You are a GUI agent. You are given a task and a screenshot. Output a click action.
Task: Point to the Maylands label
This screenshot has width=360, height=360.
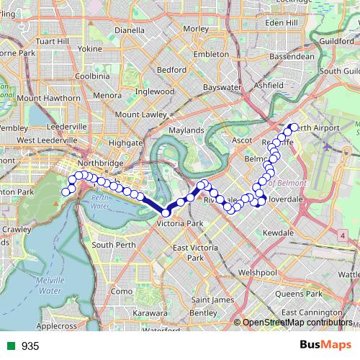(x=186, y=130)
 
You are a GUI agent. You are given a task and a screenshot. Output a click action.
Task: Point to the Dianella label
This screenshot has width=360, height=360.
(x=130, y=31)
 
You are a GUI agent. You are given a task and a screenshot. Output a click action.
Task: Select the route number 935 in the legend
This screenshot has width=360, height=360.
(x=30, y=346)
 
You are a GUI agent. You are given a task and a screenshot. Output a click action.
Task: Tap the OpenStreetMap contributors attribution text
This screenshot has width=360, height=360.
(x=298, y=323)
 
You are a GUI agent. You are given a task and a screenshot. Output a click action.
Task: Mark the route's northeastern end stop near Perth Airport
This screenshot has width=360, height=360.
(x=293, y=127)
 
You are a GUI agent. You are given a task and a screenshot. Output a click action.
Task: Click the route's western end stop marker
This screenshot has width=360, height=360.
(x=65, y=192)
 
